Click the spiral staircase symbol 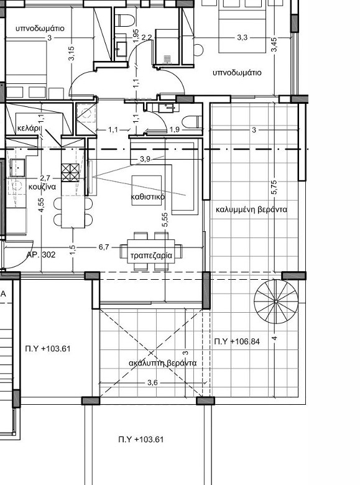pos(276,301)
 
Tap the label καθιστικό pos(147,196)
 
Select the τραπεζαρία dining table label pos(151,256)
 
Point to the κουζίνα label pos(42,187)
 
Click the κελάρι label pos(29,127)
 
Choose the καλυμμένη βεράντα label pos(251,210)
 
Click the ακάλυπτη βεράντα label pos(163,363)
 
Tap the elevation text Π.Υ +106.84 pos(237,341)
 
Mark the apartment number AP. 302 pos(41,254)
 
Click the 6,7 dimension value pos(104,247)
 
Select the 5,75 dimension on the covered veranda pos(274,187)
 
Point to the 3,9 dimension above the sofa pos(145,159)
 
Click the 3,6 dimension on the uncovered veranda pos(152,382)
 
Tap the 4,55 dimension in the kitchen pos(42,205)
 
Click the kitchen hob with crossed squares pos(70,173)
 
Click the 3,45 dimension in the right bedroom pos(274,45)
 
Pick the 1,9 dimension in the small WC pos(175,129)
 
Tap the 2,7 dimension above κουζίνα pos(45,178)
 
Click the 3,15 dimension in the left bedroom pos(72,53)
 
